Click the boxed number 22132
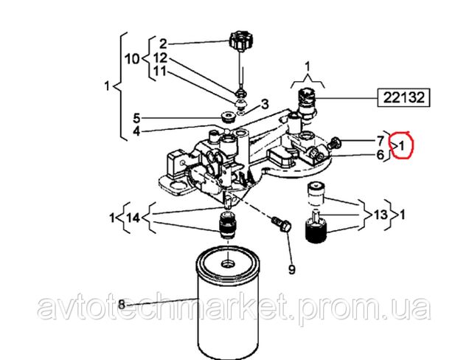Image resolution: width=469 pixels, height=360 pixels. point(404,97)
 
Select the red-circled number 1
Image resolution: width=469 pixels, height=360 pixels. point(402,146)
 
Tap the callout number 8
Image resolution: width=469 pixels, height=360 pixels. point(122,305)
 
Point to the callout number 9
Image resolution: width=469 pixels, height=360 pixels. point(291,269)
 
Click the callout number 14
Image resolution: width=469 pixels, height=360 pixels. point(133,218)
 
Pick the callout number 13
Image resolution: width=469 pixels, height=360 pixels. point(381,215)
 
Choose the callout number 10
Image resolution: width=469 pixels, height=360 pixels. point(132,59)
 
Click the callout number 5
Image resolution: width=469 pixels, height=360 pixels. point(136,119)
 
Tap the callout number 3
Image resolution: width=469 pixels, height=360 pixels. point(265,105)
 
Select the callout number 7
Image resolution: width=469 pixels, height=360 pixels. point(381,140)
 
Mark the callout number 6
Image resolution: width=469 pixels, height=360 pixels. point(381,155)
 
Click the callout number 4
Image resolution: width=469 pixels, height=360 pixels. point(136,131)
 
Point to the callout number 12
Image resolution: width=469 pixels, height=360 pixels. point(160,58)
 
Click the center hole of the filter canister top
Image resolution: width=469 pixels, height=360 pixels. point(228,264)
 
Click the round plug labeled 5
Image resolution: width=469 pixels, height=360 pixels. point(227,117)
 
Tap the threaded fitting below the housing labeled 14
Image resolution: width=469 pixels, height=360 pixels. point(228,224)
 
